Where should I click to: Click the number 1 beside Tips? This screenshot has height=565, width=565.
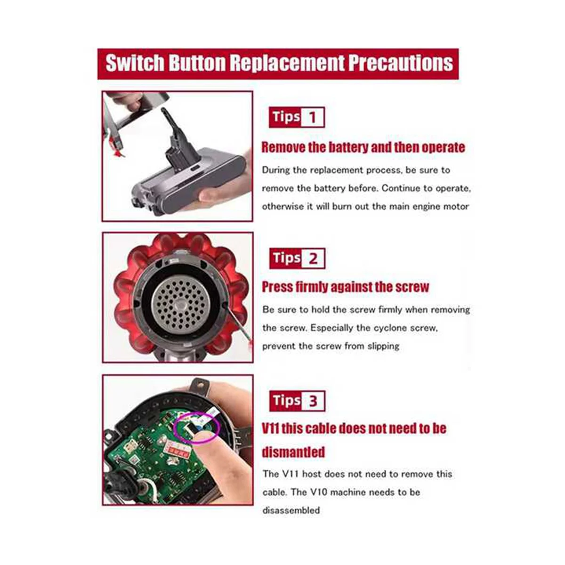(312, 118)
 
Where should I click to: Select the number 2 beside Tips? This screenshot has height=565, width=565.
(313, 258)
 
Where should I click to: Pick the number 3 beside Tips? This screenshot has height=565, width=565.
(313, 402)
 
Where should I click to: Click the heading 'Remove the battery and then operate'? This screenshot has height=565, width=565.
(363, 147)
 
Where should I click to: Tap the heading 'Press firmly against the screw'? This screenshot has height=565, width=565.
(345, 287)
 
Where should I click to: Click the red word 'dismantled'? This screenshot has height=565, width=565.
(293, 452)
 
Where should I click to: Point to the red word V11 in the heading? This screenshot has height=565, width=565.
(271, 429)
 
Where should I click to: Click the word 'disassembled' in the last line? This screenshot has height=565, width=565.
(291, 510)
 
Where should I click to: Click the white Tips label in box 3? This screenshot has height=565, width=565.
(286, 401)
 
